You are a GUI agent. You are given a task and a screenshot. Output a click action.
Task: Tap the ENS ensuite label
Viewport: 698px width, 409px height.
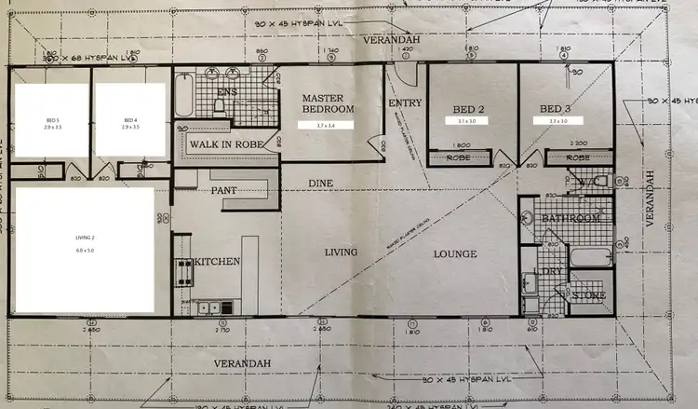(227, 92)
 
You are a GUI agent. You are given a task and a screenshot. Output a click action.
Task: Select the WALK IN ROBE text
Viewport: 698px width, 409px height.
(232, 144)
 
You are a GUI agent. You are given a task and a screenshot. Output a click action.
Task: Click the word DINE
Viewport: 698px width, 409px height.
(320, 184)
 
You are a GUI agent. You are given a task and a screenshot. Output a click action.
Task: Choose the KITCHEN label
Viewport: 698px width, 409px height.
(216, 262)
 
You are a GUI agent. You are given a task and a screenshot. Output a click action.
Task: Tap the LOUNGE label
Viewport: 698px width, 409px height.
(454, 253)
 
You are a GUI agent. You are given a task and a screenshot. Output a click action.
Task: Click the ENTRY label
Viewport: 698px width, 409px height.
(405, 103)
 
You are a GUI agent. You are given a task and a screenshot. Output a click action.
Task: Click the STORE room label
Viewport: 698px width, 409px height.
(589, 295)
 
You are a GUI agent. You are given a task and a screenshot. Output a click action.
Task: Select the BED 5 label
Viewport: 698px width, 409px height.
(52, 121)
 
